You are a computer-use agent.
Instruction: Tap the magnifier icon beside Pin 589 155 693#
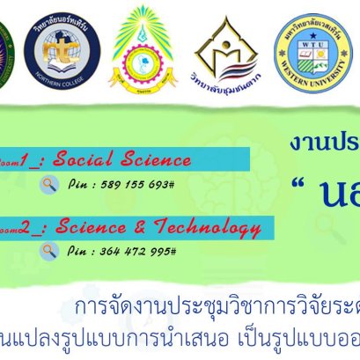pyautogui.click(x=50, y=185)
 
